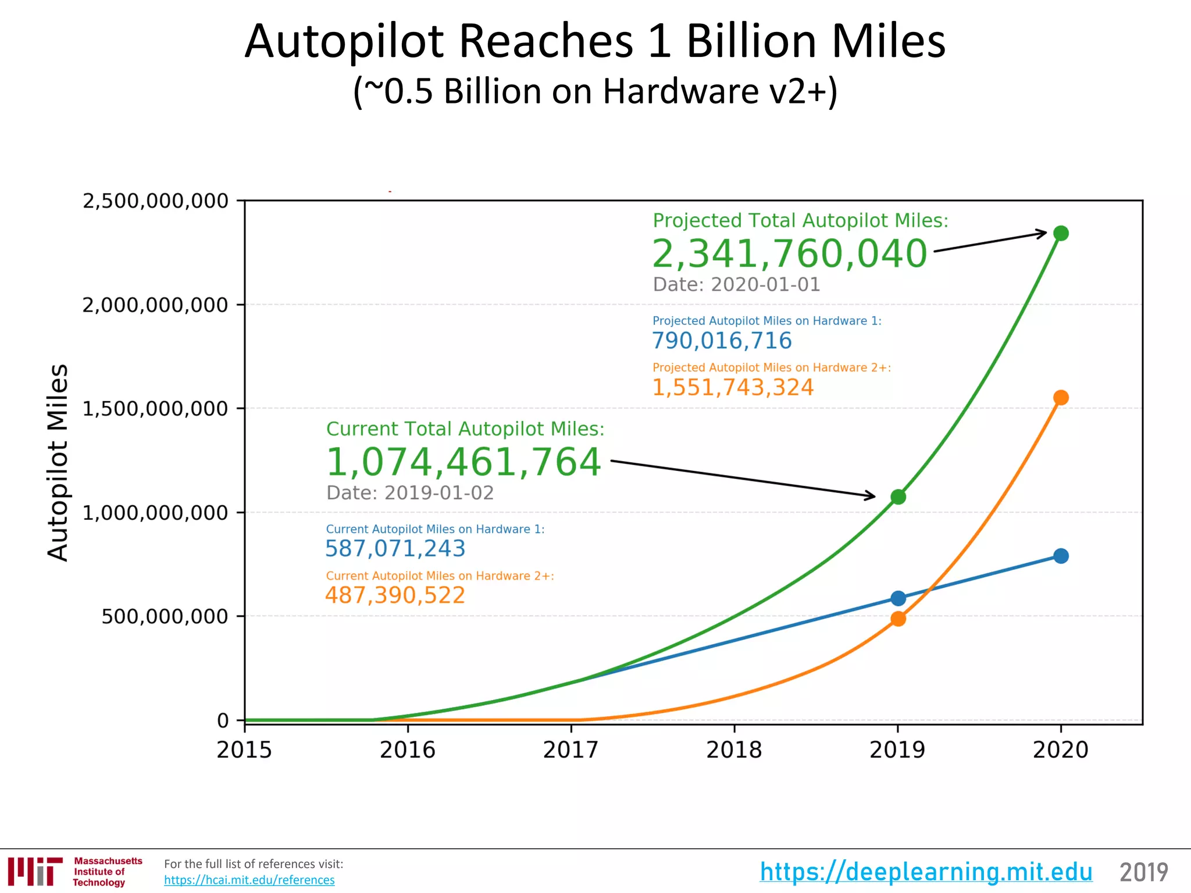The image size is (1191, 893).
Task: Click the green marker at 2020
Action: tap(1061, 233)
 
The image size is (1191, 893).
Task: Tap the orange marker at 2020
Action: tap(1061, 398)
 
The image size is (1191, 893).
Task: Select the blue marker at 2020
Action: tap(1061, 556)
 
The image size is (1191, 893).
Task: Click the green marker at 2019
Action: tap(898, 497)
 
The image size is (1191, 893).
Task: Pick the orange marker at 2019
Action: tap(898, 619)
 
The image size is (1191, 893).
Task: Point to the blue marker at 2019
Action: tap(898, 598)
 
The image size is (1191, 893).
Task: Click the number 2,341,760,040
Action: tap(789, 254)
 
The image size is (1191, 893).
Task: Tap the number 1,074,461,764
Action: tap(463, 462)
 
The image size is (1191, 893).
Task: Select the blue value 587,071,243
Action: tap(395, 548)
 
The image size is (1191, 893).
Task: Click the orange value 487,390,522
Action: tap(395, 595)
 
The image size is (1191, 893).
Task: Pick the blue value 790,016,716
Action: tap(722, 341)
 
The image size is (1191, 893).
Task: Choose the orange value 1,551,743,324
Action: tap(733, 387)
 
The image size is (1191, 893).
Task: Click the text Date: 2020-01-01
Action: tap(736, 284)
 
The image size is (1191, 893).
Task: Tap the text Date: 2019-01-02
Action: tap(410, 492)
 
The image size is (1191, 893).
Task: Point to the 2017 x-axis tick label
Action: tap(570, 750)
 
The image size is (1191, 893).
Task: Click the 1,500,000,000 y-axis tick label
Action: tap(155, 409)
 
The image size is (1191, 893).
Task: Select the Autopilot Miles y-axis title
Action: tap(58, 462)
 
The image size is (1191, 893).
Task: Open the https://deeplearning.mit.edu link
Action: tap(926, 871)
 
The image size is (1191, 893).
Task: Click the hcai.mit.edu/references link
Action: tap(249, 880)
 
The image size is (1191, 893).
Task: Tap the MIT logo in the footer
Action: tap(35, 871)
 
